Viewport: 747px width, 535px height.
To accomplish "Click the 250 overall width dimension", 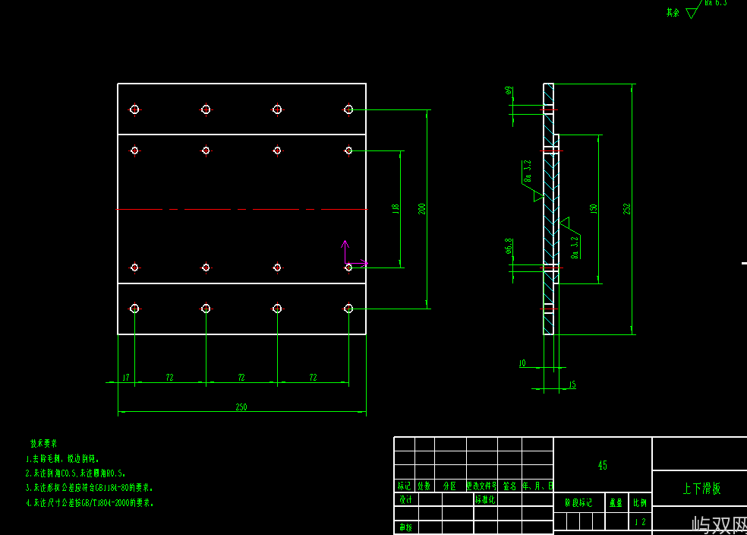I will [x=241, y=407].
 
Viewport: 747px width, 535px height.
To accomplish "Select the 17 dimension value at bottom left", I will [x=126, y=377].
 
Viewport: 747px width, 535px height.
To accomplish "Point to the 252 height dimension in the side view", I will [x=627, y=208].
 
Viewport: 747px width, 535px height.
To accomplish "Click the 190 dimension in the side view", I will [x=594, y=208].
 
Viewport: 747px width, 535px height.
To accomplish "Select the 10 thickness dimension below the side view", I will [x=522, y=363].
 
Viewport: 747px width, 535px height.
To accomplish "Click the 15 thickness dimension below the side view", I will [x=572, y=385].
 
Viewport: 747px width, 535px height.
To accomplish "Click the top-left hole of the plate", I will [x=134, y=109].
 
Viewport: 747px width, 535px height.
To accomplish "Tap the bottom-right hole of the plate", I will [x=348, y=308].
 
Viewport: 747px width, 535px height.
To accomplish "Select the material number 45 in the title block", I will [x=603, y=465].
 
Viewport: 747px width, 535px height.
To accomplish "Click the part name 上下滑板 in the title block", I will [x=701, y=489].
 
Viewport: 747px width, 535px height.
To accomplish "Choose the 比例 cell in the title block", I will [x=641, y=502].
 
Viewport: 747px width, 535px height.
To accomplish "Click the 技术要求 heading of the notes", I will [x=44, y=443].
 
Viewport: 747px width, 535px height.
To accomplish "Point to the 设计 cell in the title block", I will [x=406, y=499].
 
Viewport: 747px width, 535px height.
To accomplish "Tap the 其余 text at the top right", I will [x=673, y=12].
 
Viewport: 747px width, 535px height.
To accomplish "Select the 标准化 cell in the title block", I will [x=485, y=499].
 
